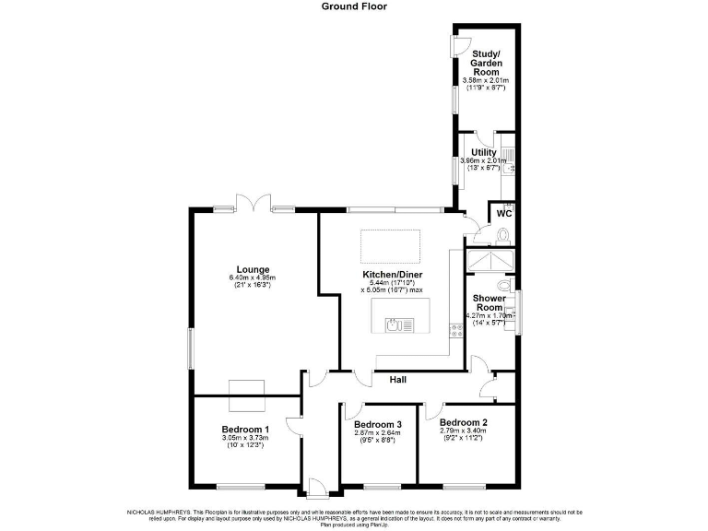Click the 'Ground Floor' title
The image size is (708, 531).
(354, 6)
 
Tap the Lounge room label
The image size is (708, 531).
(252, 269)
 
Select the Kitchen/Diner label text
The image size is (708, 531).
(392, 275)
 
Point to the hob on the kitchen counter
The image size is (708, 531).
(454, 328)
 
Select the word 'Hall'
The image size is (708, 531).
(398, 379)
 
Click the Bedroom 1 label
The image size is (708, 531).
(245, 430)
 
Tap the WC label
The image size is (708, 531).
(503, 213)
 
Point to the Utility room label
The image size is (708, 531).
(483, 152)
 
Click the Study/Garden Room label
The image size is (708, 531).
(485, 62)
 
